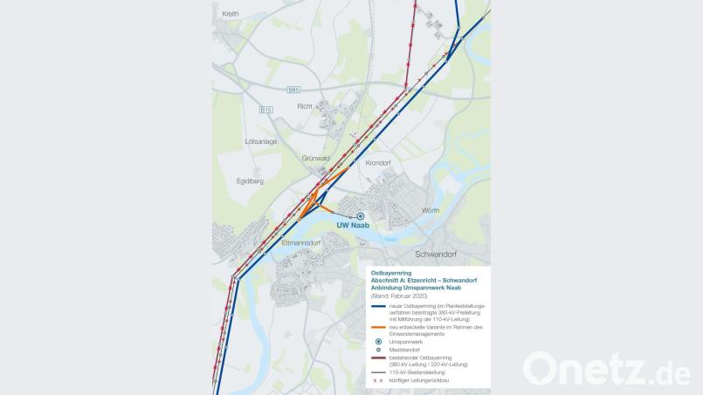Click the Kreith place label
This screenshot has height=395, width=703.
(x=231, y=14)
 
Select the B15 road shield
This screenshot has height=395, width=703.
(x=265, y=110)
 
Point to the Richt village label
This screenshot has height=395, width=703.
(x=304, y=106)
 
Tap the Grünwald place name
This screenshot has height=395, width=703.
(x=315, y=159)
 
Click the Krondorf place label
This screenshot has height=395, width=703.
(x=378, y=163)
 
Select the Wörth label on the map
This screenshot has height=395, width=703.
(x=430, y=211)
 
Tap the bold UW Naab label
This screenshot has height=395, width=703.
(x=355, y=226)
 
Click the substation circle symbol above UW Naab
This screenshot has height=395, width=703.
(x=360, y=216)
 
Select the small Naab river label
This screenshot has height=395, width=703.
(x=389, y=238)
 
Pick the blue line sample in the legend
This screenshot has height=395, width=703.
(x=379, y=307)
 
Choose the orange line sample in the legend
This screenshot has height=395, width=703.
(x=379, y=327)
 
